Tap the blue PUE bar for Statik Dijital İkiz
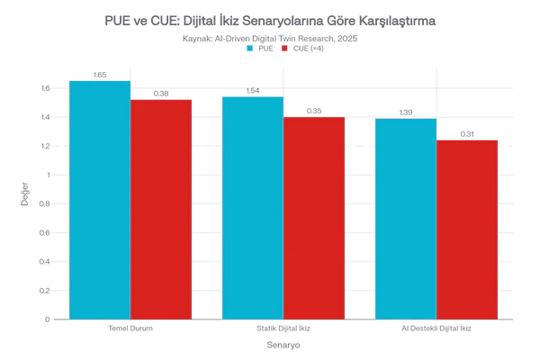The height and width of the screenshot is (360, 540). coord(253,207)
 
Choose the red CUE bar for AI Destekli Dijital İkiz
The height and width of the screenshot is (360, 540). coord(467,229)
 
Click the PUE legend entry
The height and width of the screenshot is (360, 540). coord(261,49)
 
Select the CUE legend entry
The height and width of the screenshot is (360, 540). coord(302,49)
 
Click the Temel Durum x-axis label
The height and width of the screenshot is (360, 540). coord(130,328)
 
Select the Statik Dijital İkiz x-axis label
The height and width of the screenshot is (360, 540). coord(283,328)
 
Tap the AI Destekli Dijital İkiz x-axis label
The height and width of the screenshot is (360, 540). coord(436,328)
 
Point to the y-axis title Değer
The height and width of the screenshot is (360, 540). coord(24,194)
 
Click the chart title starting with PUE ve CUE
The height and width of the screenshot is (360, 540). coord(270,21)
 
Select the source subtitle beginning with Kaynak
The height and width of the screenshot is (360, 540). coord(270,39)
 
